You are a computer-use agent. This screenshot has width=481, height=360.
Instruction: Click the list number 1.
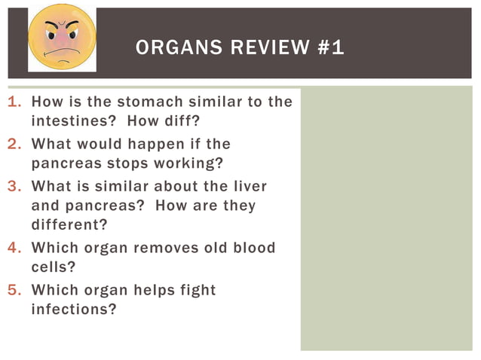coord(13,102)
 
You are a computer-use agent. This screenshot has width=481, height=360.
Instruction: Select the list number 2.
coord(13,144)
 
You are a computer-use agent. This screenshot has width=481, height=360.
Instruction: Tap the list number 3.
coord(13,186)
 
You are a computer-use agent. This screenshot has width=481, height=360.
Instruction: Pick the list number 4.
coord(13,248)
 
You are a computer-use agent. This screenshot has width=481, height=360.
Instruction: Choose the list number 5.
coord(13,290)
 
